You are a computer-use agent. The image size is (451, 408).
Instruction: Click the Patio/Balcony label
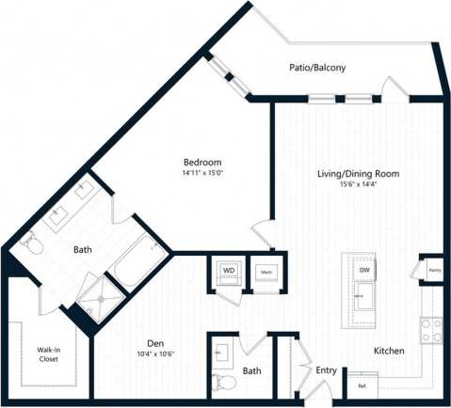tap(317, 68)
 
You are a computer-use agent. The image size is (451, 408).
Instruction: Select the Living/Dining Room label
tap(357, 174)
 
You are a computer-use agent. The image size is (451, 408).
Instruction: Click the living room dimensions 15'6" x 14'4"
tap(357, 185)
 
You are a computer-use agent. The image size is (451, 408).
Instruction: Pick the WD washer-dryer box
tap(229, 271)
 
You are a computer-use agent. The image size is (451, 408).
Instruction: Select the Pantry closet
tap(434, 271)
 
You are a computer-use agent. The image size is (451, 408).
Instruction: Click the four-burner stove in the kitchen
tap(431, 329)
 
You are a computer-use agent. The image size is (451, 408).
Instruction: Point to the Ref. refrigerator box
tap(362, 385)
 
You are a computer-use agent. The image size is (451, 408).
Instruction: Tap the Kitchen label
tap(389, 351)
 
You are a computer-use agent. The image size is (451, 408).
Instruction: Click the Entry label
tap(327, 370)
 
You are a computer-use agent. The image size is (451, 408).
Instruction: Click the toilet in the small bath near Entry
tap(222, 382)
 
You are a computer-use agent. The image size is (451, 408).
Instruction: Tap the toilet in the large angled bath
tap(31, 243)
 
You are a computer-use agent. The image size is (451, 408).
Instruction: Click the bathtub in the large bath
tap(137, 260)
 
